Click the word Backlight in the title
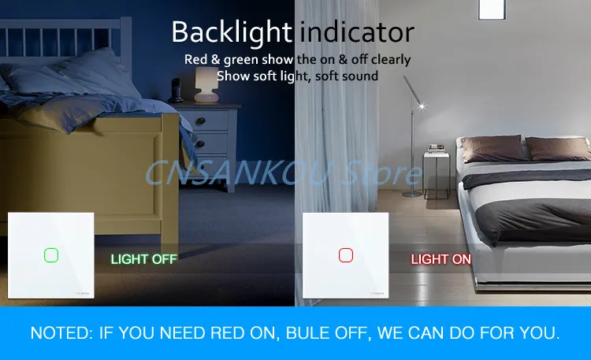tap(232, 32)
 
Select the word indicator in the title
tap(356, 32)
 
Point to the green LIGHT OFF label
tap(143, 259)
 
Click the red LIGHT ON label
tap(440, 259)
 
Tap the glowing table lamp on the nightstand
tap(206, 84)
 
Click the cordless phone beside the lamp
tap(176, 91)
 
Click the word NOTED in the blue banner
tap(61, 333)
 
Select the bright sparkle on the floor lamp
tap(422, 106)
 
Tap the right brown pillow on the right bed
tap(558, 148)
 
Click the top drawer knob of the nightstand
tap(200, 121)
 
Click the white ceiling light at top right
tap(492, 9)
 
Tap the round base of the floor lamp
tap(412, 194)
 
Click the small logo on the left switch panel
tap(83, 293)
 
